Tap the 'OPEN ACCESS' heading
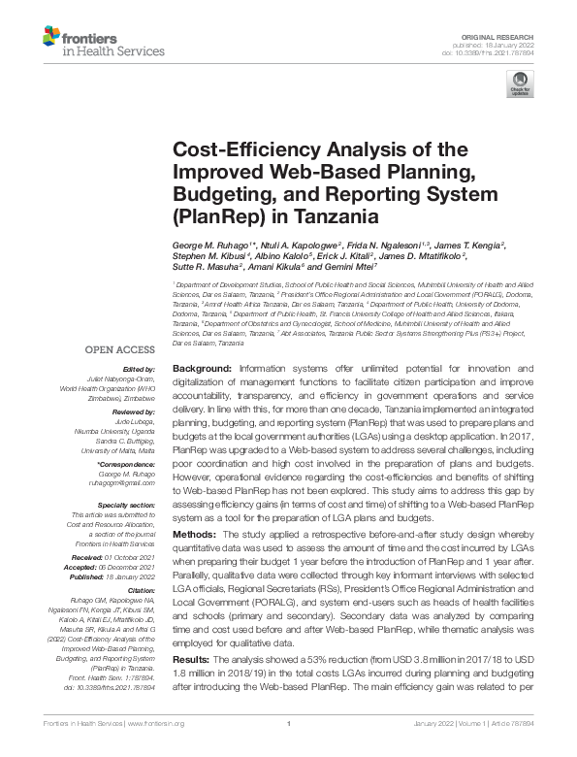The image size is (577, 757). (119, 348)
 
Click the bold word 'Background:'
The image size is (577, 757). (203, 369)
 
